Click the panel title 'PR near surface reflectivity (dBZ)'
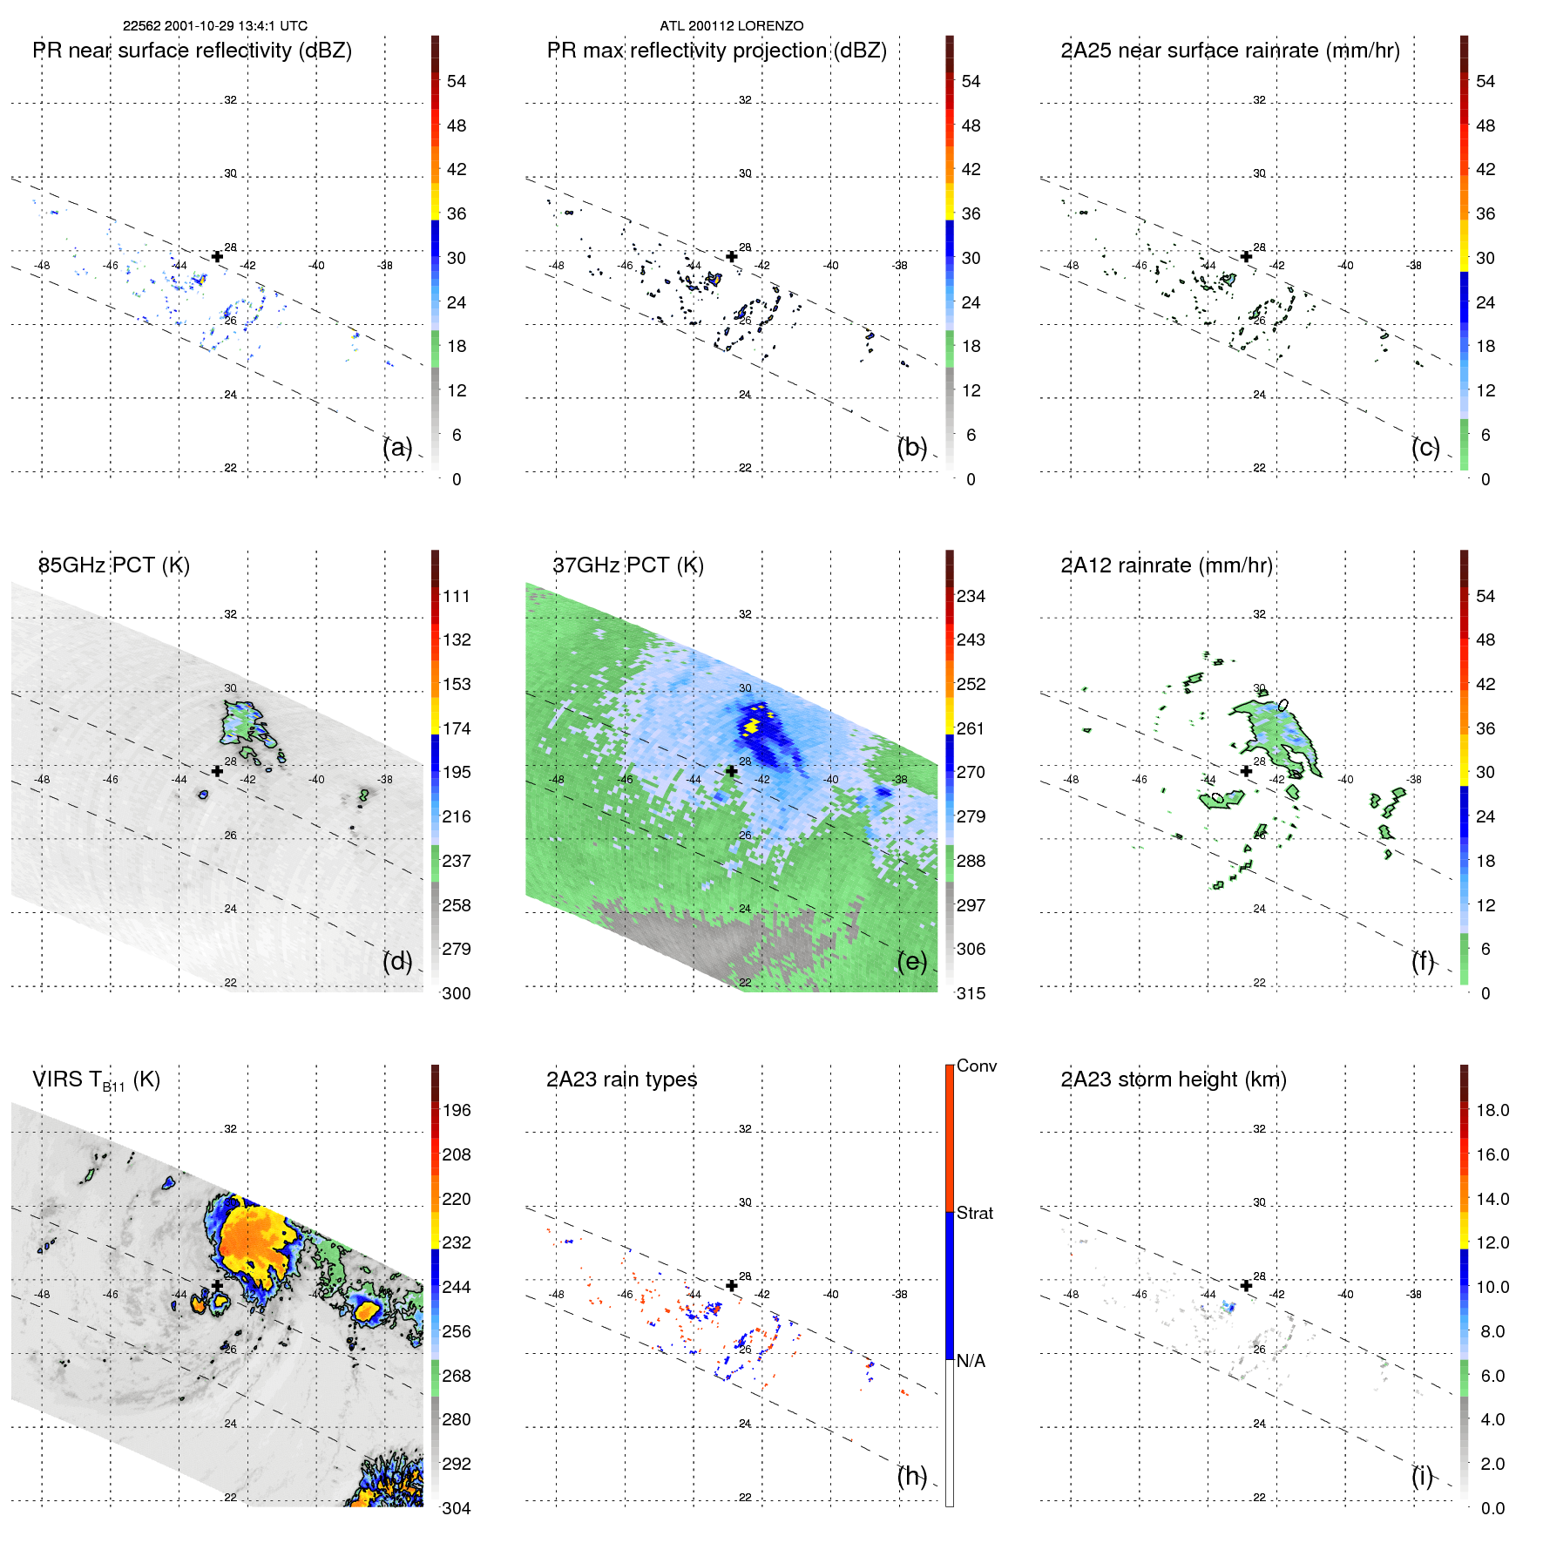[x=192, y=51]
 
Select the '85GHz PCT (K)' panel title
[x=113, y=565]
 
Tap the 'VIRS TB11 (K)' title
[x=96, y=1080]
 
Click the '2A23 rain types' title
[x=621, y=1079]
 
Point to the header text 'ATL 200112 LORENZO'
[x=731, y=26]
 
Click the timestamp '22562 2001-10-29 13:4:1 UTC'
[x=214, y=26]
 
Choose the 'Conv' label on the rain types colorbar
[x=976, y=1066]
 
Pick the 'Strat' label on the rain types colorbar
[x=974, y=1213]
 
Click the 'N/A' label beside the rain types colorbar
[x=971, y=1361]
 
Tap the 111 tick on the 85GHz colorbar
[x=456, y=596]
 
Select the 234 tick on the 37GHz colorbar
[x=971, y=596]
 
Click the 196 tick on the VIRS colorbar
[x=456, y=1110]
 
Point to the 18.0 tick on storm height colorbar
[x=1492, y=1110]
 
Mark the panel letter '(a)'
[x=396, y=448]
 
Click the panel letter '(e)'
[x=911, y=962]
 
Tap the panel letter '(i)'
[x=1422, y=1476]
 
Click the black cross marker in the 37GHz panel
[x=732, y=771]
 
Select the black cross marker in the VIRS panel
[x=217, y=1285]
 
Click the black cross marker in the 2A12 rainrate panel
[x=1246, y=771]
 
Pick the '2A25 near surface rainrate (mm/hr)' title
[x=1229, y=51]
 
